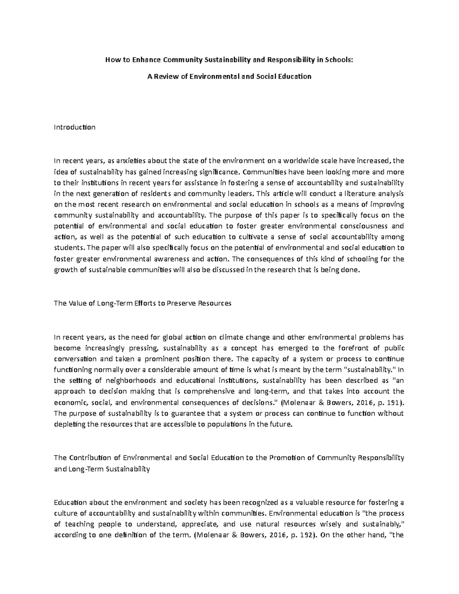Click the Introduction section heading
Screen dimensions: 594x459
point(75,127)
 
